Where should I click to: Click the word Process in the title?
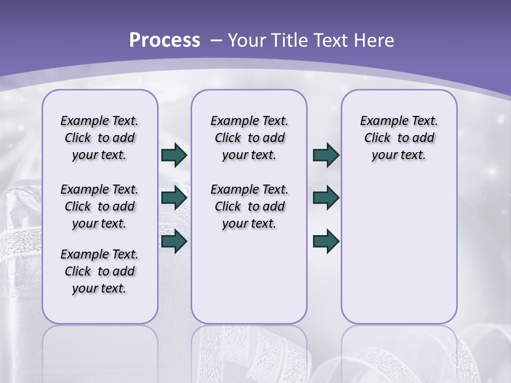tap(164, 40)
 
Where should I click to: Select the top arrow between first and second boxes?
tap(174, 155)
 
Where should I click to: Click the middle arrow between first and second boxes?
tap(174, 198)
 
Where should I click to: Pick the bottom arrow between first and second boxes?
tap(174, 241)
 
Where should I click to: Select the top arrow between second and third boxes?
tap(326, 155)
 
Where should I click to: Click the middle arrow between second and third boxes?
tap(326, 198)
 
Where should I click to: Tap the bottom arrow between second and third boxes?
tap(326, 241)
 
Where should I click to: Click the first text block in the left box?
tap(100, 138)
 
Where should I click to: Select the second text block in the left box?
tap(100, 206)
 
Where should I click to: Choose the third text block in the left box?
tap(100, 271)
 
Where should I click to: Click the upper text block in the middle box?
tap(249, 138)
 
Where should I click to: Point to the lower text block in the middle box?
tap(249, 206)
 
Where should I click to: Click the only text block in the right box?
tap(399, 138)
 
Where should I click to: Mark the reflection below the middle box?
tap(249, 351)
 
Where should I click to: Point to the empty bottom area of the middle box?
tap(249, 282)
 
